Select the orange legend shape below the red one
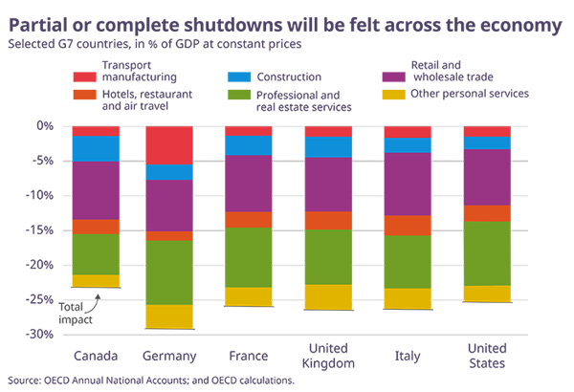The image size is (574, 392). pos(71,97)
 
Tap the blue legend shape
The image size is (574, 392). pos(232,73)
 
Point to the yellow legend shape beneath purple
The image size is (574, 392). pos(386,97)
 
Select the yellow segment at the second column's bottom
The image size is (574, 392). pos(169,316)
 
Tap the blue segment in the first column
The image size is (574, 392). pos(93,146)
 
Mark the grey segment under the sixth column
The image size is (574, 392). pos(488,310)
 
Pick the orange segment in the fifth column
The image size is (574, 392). pos(407,225)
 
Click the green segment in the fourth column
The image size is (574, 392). pos(328,256)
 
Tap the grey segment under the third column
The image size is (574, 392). pos(248,313)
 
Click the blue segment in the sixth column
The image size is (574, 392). pos(488,142)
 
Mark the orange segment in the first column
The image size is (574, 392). pos(93,227)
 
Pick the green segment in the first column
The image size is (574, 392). pos(93,254)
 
